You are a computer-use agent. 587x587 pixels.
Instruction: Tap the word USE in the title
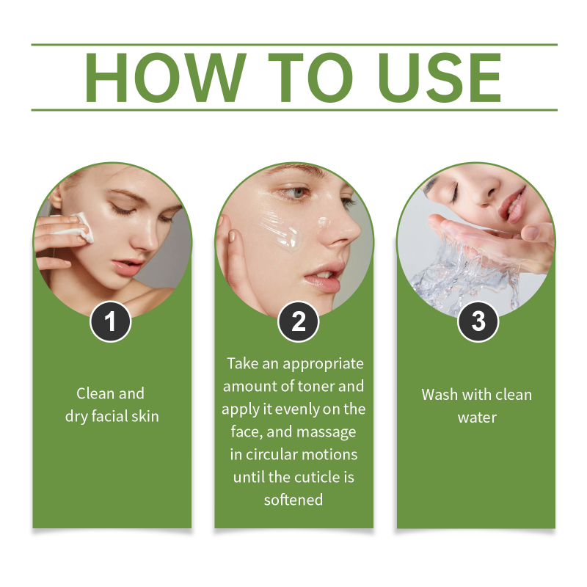pos(440,78)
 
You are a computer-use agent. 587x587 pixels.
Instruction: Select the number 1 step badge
pos(111,321)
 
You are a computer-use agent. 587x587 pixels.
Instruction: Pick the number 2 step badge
pos(299,321)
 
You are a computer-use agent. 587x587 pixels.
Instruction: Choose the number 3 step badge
pos(478,321)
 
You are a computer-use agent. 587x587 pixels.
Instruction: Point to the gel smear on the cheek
pos(282,232)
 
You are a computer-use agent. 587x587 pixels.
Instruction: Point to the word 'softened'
pos(293,500)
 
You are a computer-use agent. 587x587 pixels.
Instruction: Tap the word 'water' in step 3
pos(478,418)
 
